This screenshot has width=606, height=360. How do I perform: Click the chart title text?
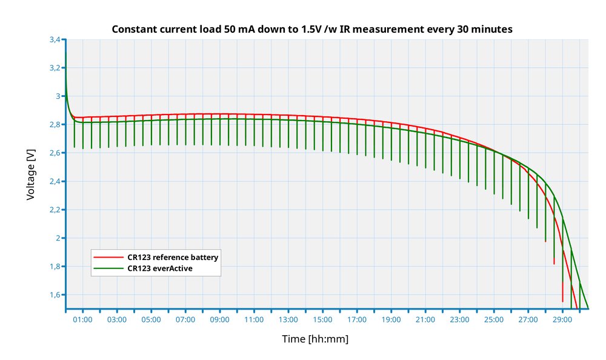313,29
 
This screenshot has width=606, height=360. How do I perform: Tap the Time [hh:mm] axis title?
315,339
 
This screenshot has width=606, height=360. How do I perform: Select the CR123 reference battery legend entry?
173,257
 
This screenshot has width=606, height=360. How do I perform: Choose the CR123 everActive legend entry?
160,268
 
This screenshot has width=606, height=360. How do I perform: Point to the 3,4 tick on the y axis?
55,39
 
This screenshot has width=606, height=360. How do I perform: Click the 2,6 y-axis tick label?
55,153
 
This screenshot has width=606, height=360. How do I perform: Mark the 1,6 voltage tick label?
55,295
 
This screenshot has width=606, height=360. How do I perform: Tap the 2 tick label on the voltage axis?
58,238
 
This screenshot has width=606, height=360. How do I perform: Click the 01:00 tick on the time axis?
82,319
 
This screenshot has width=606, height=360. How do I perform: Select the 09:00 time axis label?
219,319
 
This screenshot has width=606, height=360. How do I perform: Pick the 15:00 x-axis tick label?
322,319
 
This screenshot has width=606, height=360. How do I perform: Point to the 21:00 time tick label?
425,319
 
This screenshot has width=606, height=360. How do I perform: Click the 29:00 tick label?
562,319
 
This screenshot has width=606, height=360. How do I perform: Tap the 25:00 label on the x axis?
494,319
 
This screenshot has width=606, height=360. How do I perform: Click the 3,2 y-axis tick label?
55,68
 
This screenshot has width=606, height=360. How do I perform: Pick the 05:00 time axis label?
151,319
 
